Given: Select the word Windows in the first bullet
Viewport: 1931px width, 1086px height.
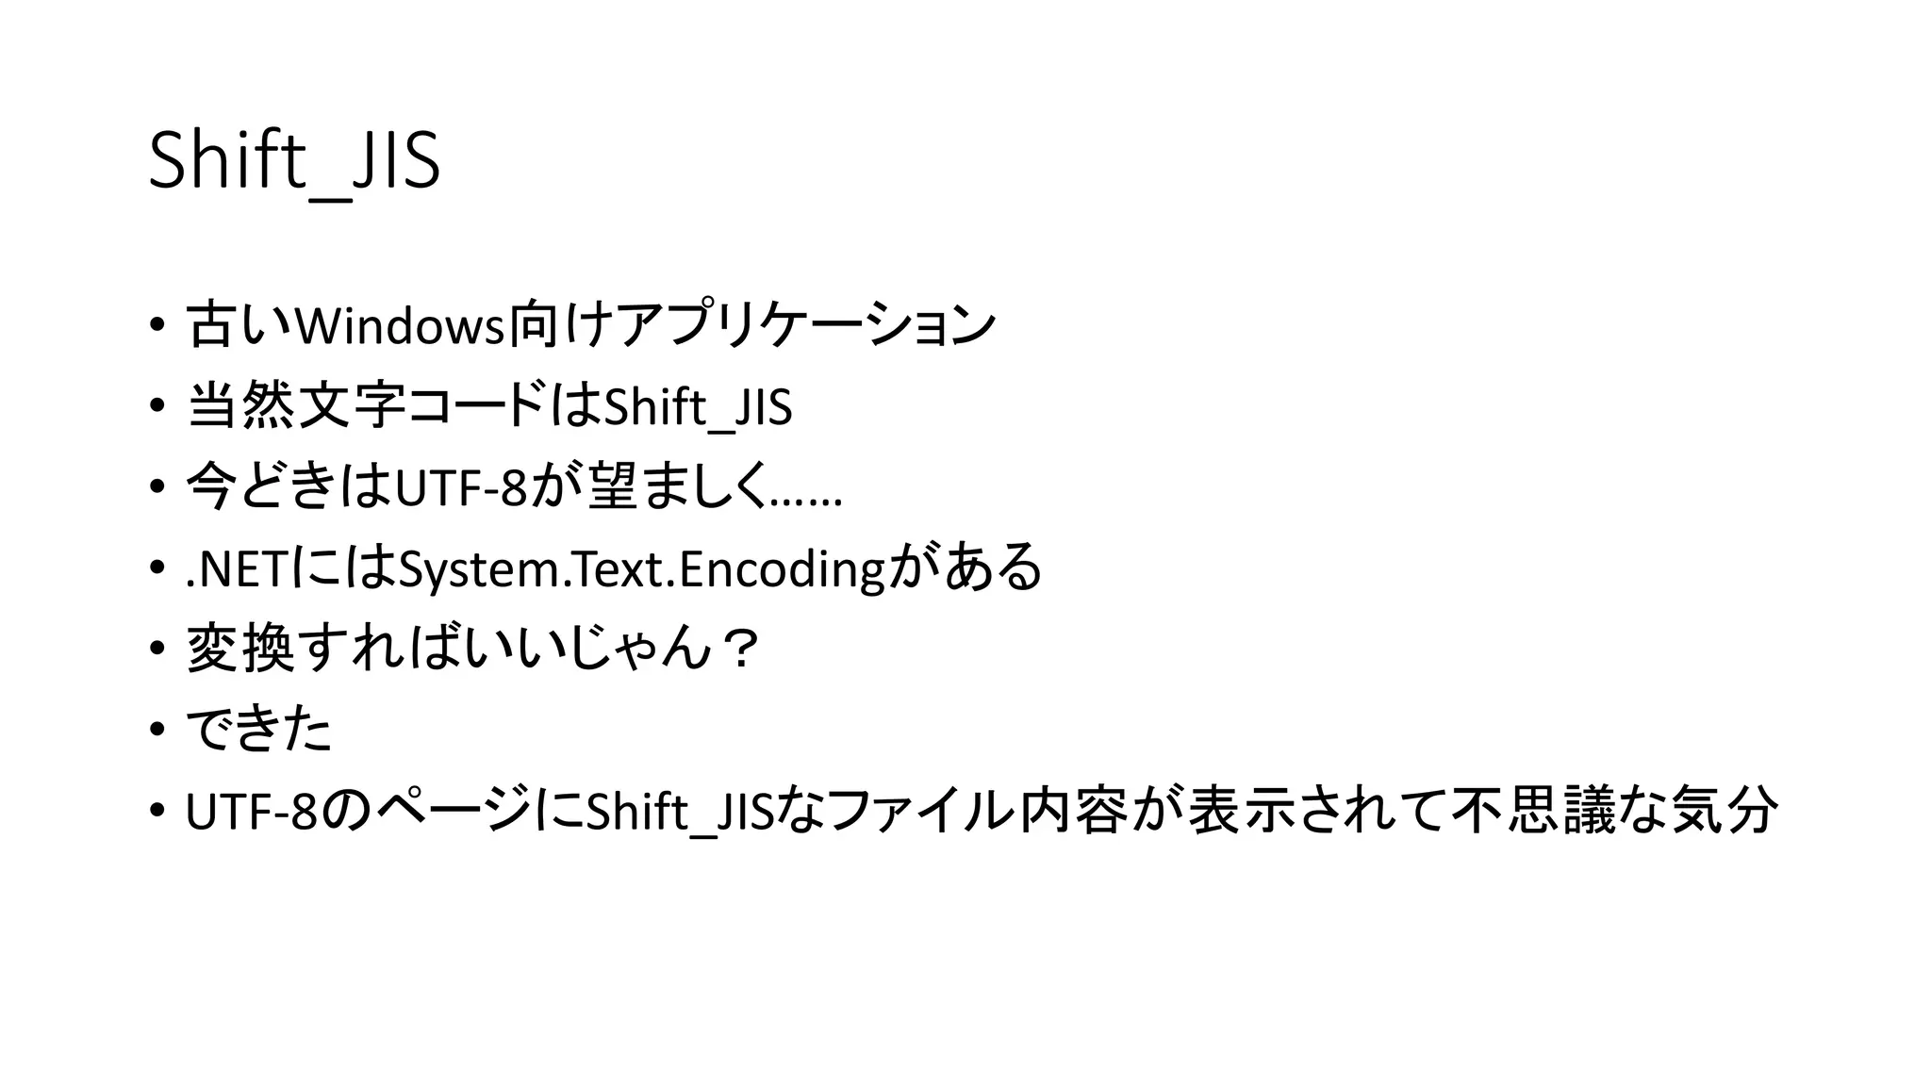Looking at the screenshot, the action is click(400, 326).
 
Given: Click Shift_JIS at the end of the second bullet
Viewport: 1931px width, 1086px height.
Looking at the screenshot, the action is click(698, 408).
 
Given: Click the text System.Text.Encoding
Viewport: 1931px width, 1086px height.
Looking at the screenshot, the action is click(641, 569).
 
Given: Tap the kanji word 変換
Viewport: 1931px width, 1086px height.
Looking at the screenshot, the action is click(240, 650).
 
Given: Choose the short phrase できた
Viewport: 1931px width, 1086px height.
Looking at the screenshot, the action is click(259, 731).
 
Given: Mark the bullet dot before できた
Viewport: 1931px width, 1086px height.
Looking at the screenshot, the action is click(157, 731).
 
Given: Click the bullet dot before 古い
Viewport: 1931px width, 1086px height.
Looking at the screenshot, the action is click(157, 325).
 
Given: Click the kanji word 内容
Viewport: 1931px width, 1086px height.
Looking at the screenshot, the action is click(1074, 812).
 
